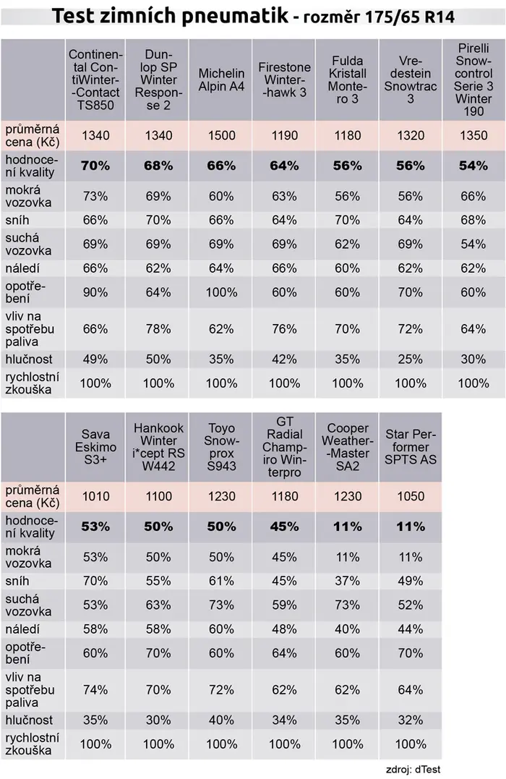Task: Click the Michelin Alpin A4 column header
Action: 221,80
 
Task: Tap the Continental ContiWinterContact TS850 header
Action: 95,80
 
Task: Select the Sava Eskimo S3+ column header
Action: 95,446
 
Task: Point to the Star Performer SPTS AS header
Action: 411,446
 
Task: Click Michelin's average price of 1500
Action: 221,135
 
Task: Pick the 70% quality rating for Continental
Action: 95,166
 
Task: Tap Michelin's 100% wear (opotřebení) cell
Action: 221,292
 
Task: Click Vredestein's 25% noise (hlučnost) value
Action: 411,359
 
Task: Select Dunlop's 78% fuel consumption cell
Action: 158,329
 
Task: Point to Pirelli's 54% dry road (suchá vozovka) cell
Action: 473,244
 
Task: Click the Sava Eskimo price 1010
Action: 95,495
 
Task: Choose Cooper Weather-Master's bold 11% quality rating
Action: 348,526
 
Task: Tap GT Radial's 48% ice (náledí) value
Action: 285,629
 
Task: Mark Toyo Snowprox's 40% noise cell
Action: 221,720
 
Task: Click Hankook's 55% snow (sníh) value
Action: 158,581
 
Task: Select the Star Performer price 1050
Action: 411,495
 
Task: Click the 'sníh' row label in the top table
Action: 17,220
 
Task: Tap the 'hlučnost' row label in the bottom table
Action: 29,720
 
